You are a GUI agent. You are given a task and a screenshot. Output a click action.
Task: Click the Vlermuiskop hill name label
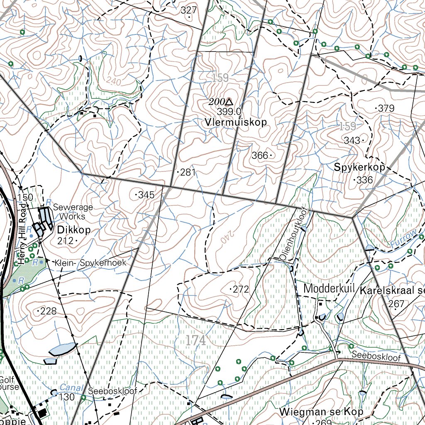point(235,122)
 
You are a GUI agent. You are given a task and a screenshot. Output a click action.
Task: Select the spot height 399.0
point(229,111)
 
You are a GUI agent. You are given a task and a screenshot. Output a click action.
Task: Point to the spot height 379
point(386,108)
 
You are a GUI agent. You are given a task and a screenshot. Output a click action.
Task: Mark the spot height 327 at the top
point(189,10)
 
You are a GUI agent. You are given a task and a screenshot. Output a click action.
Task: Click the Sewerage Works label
point(73,212)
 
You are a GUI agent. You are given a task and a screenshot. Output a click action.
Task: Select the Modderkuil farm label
point(329,288)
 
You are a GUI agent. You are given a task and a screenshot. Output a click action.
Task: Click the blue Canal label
point(68,387)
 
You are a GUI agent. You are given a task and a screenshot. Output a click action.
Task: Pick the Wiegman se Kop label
point(321,412)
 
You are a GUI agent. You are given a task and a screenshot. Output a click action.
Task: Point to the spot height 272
point(240,289)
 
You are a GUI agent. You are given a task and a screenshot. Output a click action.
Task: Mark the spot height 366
point(260,155)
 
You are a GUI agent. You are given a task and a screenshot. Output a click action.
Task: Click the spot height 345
point(146,195)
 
